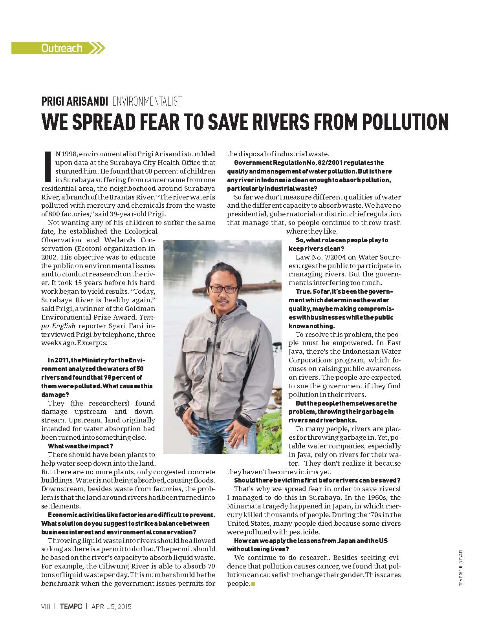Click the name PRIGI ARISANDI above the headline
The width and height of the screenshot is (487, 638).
[x=74, y=101]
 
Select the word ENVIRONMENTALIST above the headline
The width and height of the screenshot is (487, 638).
[x=147, y=101]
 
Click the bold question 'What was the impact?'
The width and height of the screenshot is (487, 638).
[x=81, y=446]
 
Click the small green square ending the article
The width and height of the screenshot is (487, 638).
[x=253, y=584]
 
